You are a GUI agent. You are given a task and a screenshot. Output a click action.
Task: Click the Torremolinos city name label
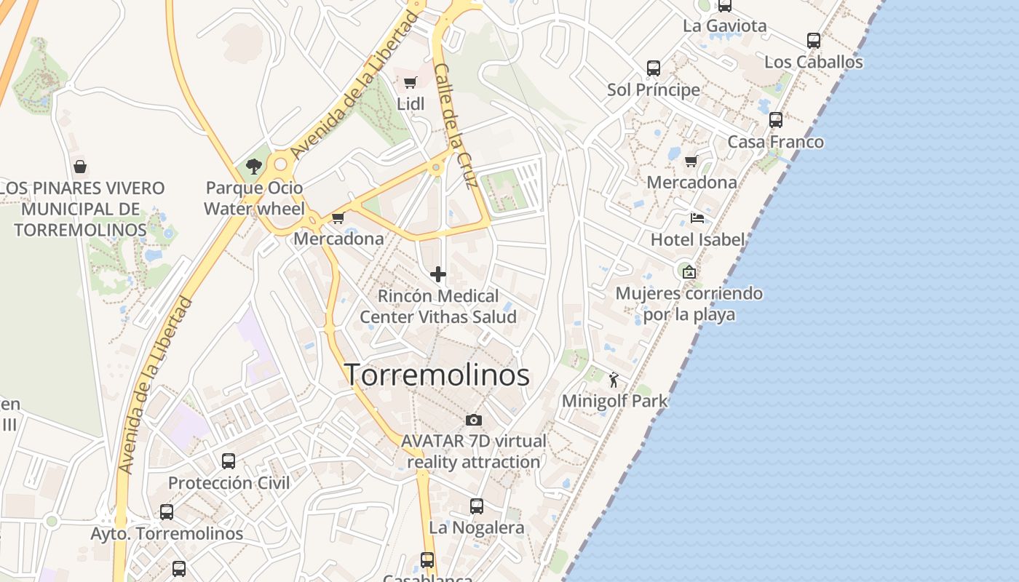[x=437, y=375]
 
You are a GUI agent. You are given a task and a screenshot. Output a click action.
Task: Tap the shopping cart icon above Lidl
[x=410, y=83]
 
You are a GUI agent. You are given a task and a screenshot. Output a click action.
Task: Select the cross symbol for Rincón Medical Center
[x=438, y=274]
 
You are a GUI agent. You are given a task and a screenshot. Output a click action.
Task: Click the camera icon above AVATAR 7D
[x=473, y=420]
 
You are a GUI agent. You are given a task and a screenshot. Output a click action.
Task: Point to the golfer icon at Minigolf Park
[x=614, y=379]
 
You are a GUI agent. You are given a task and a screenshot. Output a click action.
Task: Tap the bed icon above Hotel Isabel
[x=697, y=218]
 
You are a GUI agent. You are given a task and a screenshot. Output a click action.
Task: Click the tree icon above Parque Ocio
[x=253, y=167]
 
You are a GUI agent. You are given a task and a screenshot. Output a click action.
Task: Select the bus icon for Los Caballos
[x=814, y=41]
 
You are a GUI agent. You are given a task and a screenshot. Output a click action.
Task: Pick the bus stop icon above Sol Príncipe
[x=654, y=68]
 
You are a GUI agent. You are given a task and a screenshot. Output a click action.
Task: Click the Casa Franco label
[x=776, y=142]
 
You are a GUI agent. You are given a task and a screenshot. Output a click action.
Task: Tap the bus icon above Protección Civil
[x=229, y=461]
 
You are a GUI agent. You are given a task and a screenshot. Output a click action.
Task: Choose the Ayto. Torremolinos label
[x=167, y=533]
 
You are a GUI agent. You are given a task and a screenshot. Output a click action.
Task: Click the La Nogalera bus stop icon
[x=477, y=506]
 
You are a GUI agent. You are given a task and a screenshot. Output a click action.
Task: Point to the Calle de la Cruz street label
[x=456, y=125]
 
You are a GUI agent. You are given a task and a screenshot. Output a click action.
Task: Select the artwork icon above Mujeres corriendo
[x=689, y=272]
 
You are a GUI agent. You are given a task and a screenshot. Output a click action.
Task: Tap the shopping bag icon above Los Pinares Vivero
[x=80, y=167]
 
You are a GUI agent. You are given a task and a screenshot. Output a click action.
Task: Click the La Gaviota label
[x=724, y=26]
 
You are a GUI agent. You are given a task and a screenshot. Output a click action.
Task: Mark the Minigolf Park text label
[x=614, y=401]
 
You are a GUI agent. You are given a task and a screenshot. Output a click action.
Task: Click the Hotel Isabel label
[x=698, y=239]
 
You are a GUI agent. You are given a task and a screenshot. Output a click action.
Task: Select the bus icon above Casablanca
[x=427, y=560]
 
